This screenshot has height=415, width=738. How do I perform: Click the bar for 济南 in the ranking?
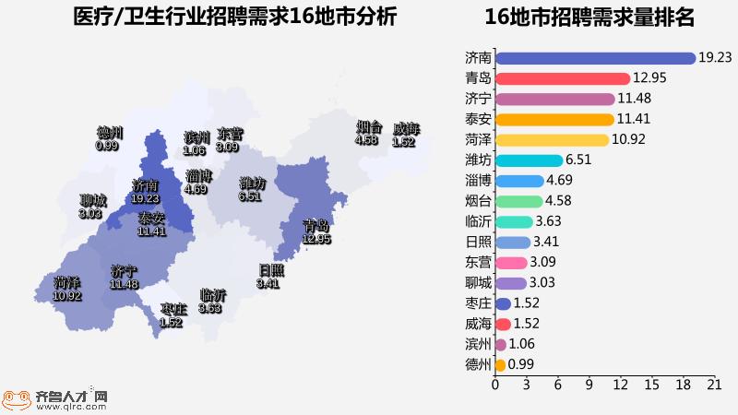click(x=595, y=58)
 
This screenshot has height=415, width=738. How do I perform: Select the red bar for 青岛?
click(x=562, y=78)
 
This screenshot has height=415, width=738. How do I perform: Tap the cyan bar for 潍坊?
click(x=529, y=160)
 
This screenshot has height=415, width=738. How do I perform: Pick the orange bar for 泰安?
click(x=554, y=119)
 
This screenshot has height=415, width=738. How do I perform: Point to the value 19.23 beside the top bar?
click(x=715, y=58)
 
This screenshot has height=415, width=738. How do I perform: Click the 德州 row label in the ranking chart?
click(x=479, y=364)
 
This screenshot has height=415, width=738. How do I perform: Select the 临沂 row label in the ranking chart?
click(x=479, y=221)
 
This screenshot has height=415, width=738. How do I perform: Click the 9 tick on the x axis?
click(x=589, y=384)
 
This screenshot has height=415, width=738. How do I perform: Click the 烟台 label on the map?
click(x=369, y=127)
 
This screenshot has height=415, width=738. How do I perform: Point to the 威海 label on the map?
click(x=406, y=128)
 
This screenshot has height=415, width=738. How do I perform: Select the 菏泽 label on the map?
click(x=66, y=282)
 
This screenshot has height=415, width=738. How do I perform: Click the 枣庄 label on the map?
click(x=173, y=309)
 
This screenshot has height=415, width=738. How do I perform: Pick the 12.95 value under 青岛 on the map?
click(x=316, y=239)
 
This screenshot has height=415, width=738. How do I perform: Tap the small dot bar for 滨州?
click(x=500, y=344)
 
